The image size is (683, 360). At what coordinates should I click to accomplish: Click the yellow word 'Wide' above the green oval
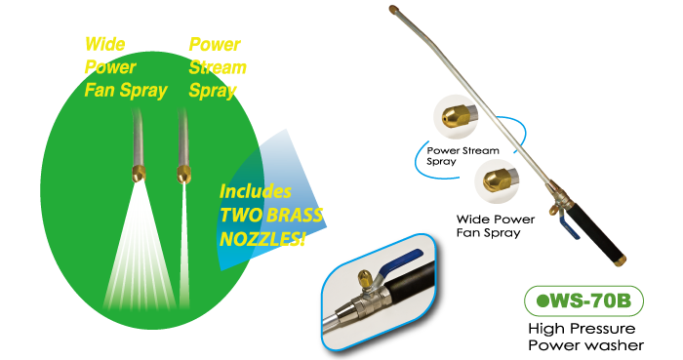pos(105,45)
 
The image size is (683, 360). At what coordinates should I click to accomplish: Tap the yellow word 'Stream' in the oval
pos(218,67)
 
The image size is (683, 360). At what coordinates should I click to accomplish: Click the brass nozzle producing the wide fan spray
pos(139,174)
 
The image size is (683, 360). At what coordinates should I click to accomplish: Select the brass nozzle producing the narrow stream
pos(183,174)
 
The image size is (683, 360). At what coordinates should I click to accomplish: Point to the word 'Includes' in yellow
pos(256,191)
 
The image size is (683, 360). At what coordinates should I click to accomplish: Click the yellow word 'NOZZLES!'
pos(262,239)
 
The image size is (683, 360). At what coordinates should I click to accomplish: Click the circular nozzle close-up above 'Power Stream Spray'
pos(456,117)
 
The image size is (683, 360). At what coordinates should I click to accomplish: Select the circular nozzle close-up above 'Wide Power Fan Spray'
pos(497,180)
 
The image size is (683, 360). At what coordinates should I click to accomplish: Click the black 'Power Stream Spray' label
pos(462,156)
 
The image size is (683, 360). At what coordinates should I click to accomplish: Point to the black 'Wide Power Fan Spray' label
pos(496,226)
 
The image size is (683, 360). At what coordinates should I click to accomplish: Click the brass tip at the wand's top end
pos(394,9)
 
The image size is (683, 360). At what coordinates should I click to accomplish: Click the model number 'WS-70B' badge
pos(583,300)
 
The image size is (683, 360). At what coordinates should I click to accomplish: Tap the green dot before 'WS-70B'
pos(542,301)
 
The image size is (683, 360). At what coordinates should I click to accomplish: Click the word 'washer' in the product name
pos(617,345)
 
